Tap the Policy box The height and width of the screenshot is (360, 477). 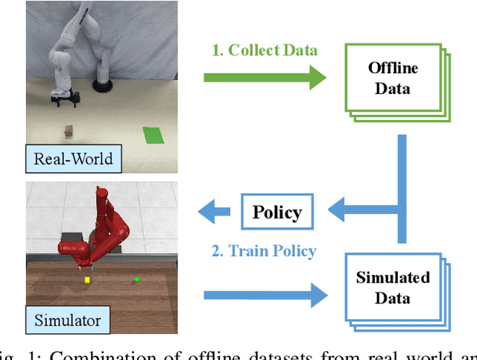[x=276, y=212]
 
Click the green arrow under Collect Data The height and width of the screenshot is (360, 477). [x=264, y=77]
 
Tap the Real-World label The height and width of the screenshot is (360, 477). [x=73, y=158]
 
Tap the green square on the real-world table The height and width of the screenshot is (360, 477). [x=154, y=136]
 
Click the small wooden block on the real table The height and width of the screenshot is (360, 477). [x=69, y=131]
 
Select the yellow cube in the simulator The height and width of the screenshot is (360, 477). [x=87, y=280]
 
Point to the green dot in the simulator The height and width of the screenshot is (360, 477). [x=136, y=280]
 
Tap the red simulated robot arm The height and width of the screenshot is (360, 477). [x=104, y=224]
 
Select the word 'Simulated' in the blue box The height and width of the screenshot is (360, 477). [x=393, y=278]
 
